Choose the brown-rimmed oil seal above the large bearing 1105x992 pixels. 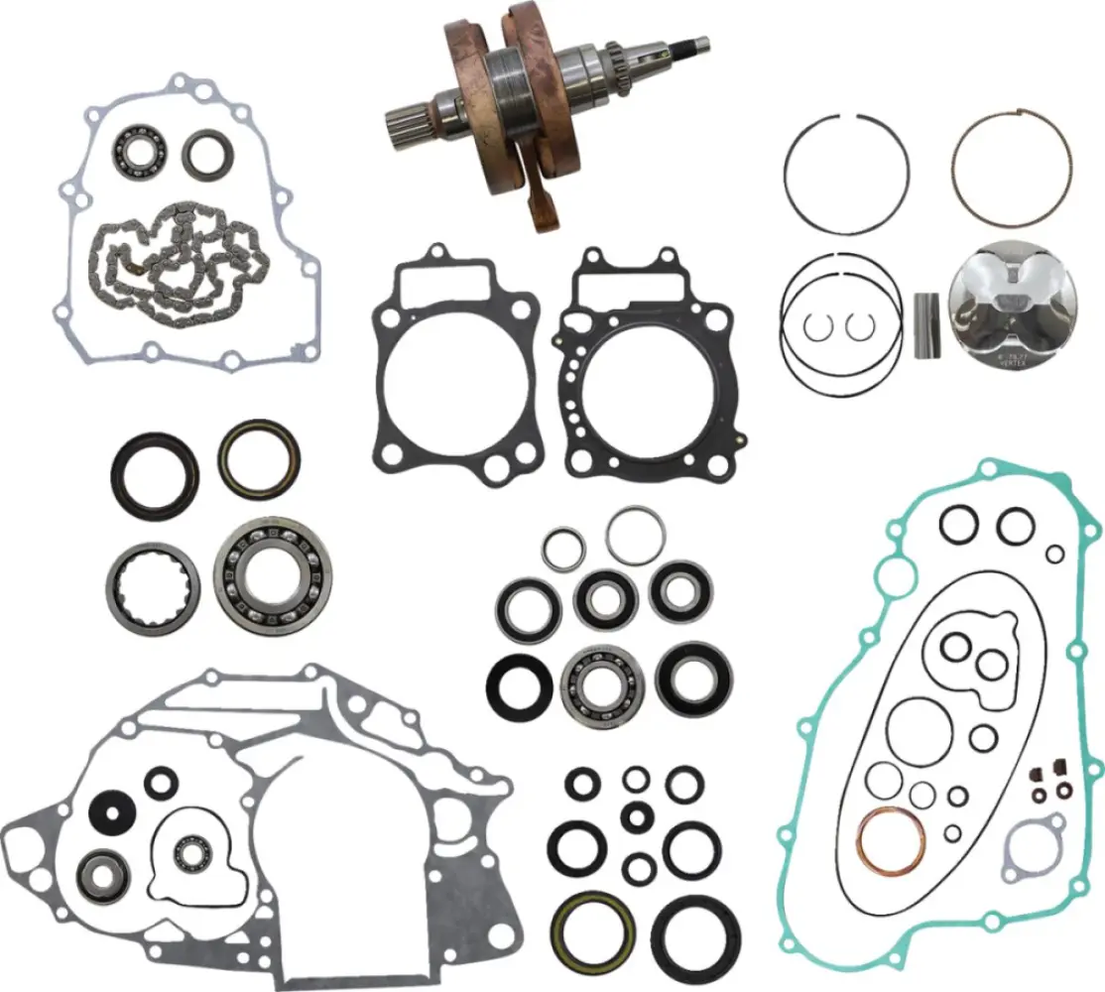pos(259,460)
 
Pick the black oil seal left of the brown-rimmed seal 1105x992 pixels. pos(154,473)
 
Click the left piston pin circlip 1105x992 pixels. pos(822,323)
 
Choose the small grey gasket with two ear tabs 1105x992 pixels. pos(1033,849)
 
